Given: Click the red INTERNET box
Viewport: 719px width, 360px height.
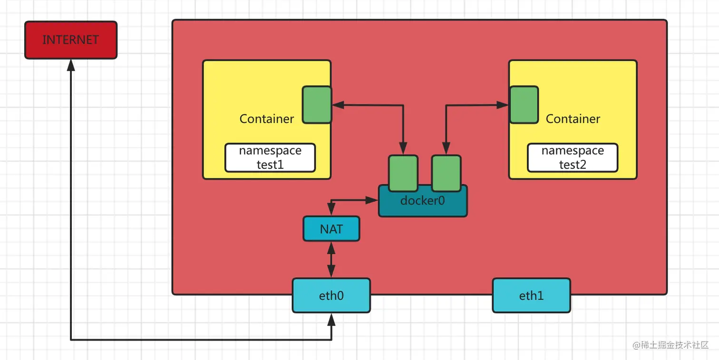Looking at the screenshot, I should coord(70,40).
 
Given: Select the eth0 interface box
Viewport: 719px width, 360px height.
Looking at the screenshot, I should coord(331,296).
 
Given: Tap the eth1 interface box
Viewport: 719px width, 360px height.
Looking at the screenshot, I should coord(531,296).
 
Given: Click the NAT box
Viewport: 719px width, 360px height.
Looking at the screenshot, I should coord(331,229).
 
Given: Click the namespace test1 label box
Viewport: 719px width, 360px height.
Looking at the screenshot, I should coord(270,157).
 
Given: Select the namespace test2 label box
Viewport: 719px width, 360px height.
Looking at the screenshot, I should coord(573,157).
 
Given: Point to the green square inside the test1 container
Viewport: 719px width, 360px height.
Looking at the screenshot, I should coord(317,105).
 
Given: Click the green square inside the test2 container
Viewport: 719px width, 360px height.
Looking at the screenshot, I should coord(524,105).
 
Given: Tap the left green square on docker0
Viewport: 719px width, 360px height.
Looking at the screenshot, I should coord(403,172).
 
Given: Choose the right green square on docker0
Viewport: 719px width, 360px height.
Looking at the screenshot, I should coord(446,172).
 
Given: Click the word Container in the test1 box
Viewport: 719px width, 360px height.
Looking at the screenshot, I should coord(267,119).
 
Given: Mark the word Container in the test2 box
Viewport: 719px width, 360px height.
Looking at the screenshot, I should coord(573,119).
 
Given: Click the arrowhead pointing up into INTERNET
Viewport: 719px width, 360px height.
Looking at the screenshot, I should coord(71,65).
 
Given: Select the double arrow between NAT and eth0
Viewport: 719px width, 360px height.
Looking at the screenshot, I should coord(331,260).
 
